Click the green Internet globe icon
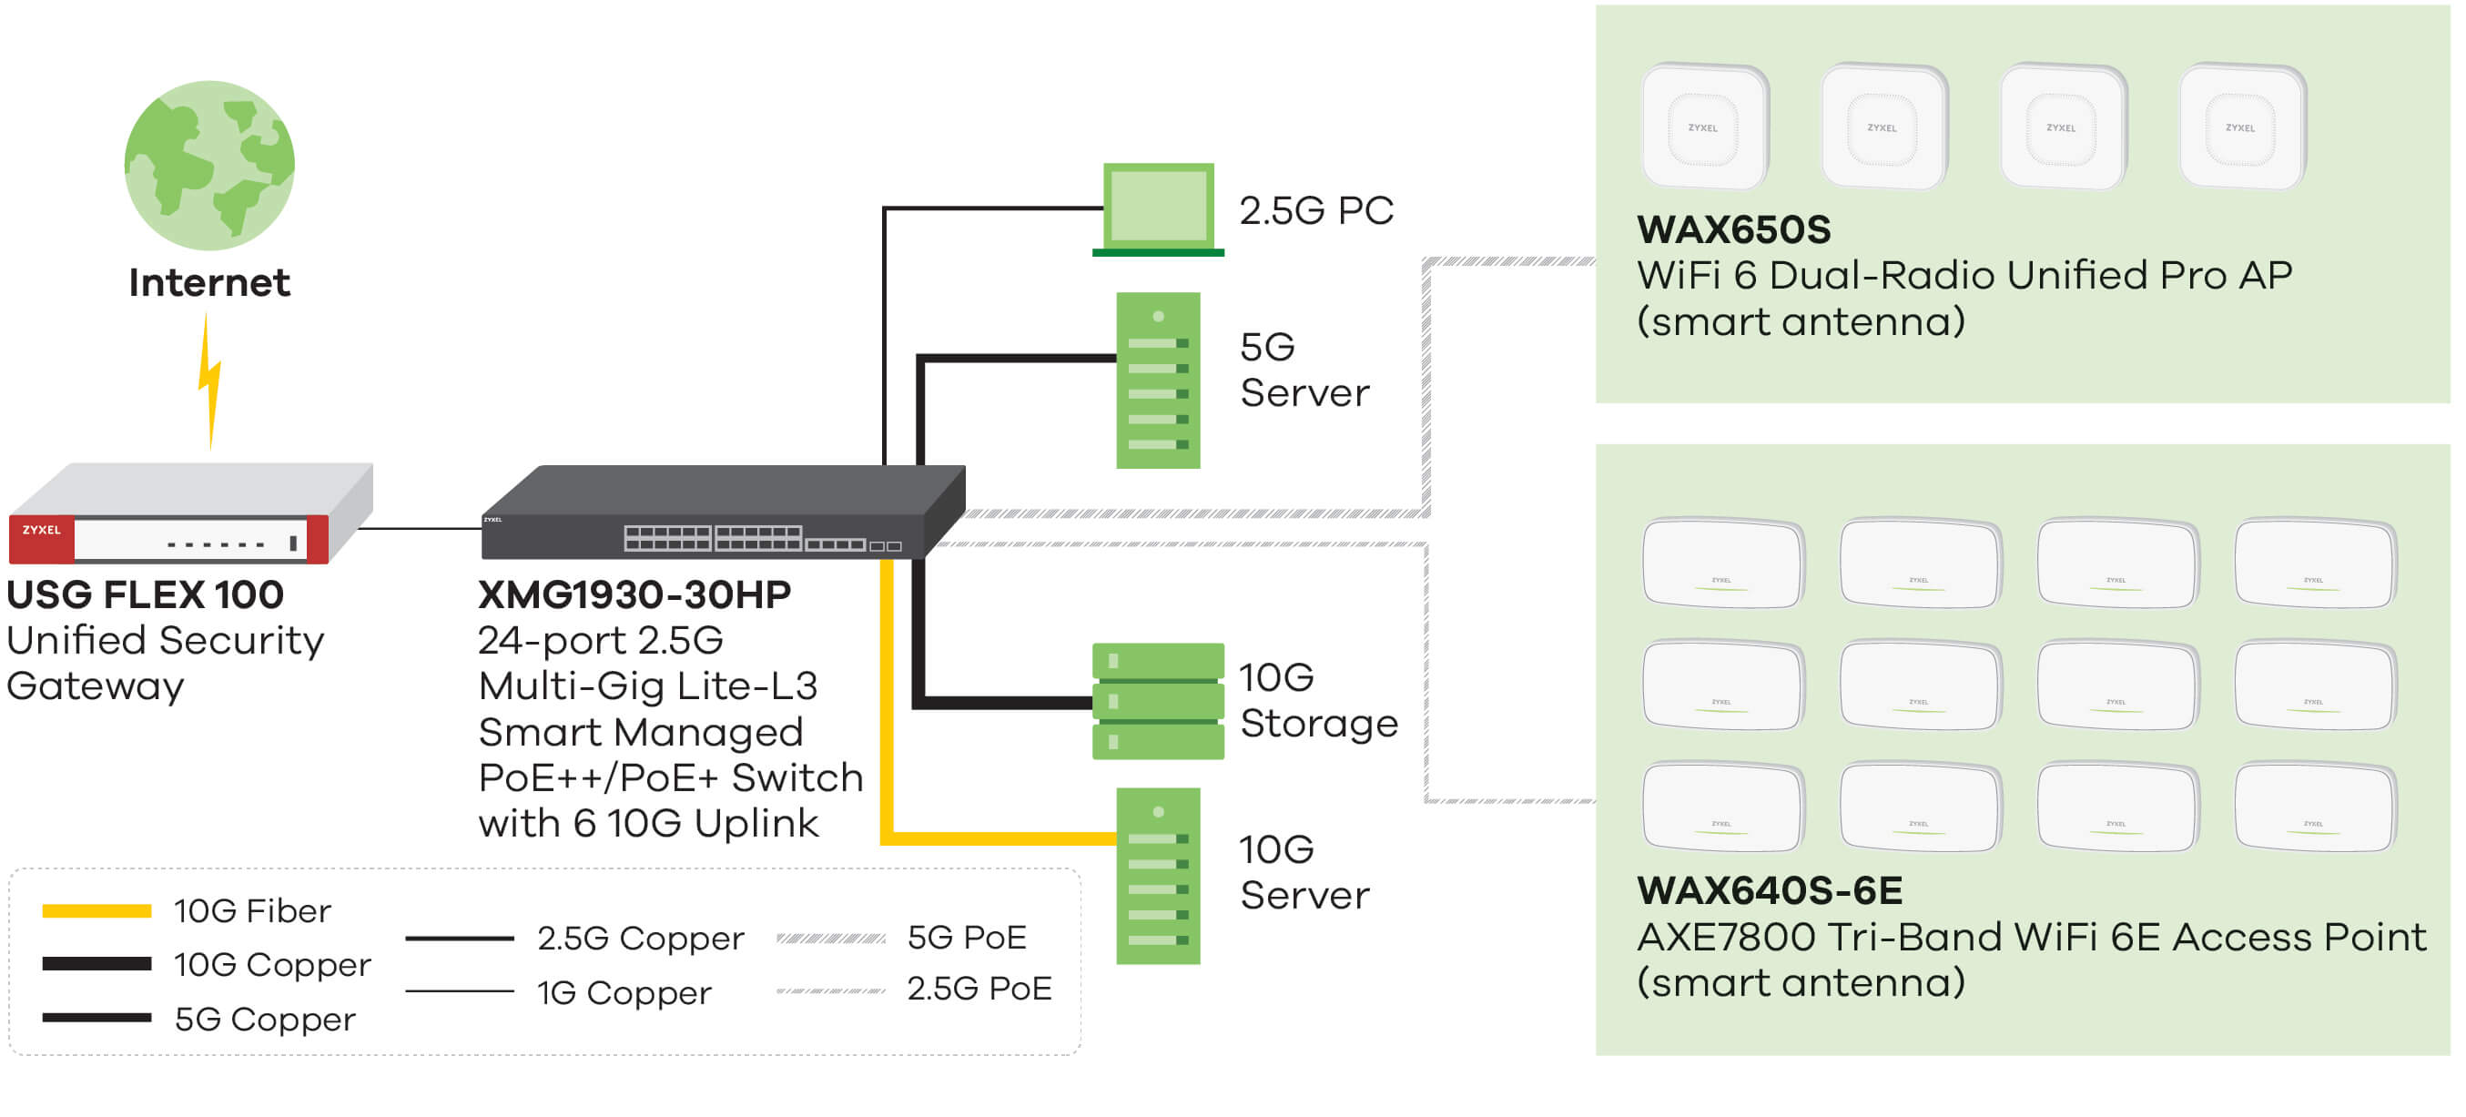[209, 165]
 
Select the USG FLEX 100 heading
[146, 595]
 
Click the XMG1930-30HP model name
[634, 595]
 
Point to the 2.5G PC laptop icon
[1158, 208]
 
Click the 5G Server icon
[1158, 381]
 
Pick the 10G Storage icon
[1158, 702]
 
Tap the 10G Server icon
[1158, 876]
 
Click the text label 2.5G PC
[1316, 210]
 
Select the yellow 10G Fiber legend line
[96, 911]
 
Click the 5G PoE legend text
[967, 938]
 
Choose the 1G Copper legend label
[624, 993]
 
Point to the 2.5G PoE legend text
[979, 989]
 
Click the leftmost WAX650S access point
[1704, 127]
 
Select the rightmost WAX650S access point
[2242, 127]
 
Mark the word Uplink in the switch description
[756, 824]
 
